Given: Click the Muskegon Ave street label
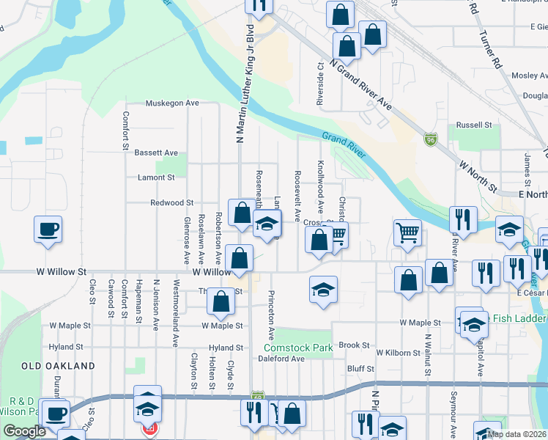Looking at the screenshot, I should tap(172, 103).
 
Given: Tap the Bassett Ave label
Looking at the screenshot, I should tap(156, 153).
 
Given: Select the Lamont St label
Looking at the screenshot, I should tap(156, 177).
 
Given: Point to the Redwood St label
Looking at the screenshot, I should tap(171, 202).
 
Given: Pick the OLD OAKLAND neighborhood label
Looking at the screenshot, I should tap(58, 365).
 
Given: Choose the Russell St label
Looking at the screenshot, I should tap(473, 125).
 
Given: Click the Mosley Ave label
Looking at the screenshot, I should tap(529, 76).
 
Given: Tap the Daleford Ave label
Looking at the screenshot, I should tap(281, 359).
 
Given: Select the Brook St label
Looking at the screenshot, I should tap(353, 345).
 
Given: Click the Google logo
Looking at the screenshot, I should tap(24, 431).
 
